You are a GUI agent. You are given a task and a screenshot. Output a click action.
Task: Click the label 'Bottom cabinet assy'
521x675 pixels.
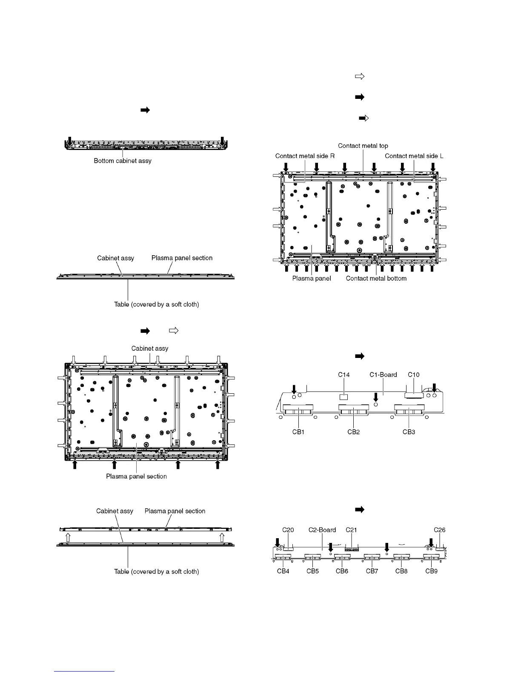tap(123, 161)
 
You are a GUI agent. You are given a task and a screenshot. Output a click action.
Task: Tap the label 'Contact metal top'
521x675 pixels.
tap(363, 146)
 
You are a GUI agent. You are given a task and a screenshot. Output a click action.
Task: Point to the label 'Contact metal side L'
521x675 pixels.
tap(414, 156)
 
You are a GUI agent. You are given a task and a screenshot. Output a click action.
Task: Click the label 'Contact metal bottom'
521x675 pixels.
tap(376, 278)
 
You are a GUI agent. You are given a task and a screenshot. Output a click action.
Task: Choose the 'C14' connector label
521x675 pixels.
tap(344, 375)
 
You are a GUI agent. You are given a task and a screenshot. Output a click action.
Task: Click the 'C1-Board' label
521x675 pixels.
tap(383, 375)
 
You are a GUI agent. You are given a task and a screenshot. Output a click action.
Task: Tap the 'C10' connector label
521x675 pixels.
tap(413, 375)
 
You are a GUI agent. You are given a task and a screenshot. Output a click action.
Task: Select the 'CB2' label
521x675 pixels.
tap(354, 432)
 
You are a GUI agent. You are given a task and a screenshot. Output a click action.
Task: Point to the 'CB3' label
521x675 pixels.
tap(409, 432)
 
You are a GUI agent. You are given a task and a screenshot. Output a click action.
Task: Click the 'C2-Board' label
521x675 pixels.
tap(322, 530)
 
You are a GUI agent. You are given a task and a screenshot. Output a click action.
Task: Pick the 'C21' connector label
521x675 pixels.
tap(351, 530)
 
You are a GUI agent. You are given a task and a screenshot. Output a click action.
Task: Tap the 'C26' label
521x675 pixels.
tap(440, 530)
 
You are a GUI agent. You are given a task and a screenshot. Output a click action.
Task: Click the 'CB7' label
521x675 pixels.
tap(372, 571)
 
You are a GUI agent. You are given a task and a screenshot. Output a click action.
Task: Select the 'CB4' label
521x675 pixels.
tap(283, 571)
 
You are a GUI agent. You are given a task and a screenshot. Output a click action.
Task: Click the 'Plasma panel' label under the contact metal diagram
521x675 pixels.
tap(312, 278)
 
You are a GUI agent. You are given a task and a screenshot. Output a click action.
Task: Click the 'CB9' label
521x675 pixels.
tap(431, 571)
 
